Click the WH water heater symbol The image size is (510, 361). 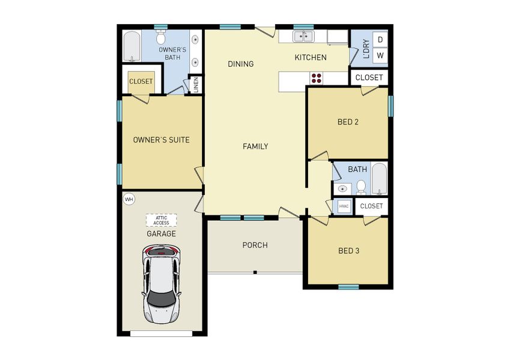coord(129,199)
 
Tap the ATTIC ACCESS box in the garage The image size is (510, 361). coord(161,220)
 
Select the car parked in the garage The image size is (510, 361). coord(162,283)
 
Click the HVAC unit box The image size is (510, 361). coord(344,206)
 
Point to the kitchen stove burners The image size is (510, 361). coord(316,78)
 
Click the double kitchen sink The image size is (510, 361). coord(303,37)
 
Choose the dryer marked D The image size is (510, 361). coord(380,40)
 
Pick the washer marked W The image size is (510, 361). coord(380,56)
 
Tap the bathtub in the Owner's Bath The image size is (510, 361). coord(132,46)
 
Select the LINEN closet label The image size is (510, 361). coord(195,85)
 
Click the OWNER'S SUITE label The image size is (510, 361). coord(161,140)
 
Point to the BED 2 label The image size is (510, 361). coord(348,122)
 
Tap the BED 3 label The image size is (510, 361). coord(348,250)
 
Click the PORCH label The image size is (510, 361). coord(255,245)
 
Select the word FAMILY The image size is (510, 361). coord(255,146)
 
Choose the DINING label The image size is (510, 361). coord(241,64)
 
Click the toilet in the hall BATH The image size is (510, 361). coord(361,187)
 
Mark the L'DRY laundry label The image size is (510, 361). coord(365,48)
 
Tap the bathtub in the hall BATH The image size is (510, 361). coord(379,179)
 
